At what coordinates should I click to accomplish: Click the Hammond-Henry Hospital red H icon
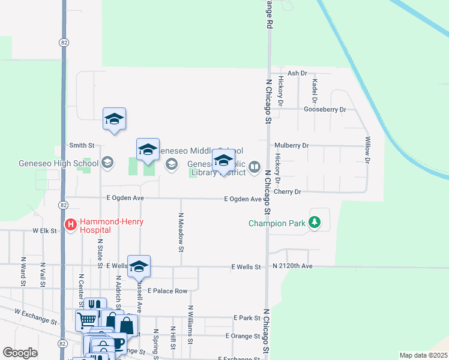tap(71, 225)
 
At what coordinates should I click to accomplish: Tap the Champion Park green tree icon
tap(315, 223)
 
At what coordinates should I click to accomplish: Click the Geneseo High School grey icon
tap(107, 163)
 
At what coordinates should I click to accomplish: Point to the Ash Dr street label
tap(297, 73)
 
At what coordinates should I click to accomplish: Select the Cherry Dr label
tap(286, 191)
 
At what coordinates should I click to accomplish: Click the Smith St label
tap(82, 145)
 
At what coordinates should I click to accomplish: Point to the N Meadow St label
tap(181, 231)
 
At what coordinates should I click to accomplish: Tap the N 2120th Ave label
tap(292, 266)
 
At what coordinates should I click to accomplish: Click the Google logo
tap(20, 353)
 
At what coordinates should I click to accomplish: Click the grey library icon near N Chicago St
tap(255, 166)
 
